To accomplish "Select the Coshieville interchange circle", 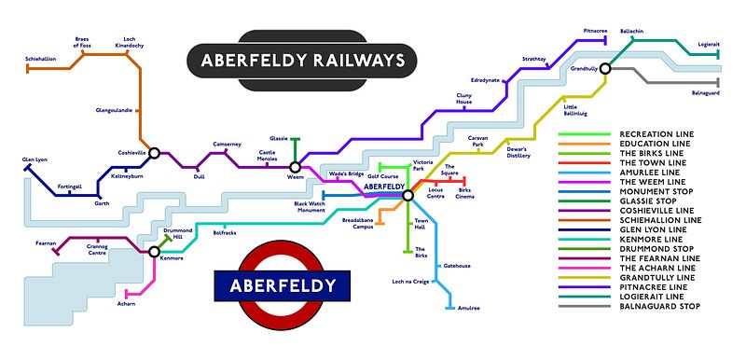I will pos(154,152).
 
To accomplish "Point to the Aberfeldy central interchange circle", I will pos(408,195).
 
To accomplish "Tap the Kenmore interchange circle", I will pos(154,250).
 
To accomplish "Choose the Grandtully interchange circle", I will pos(605,68).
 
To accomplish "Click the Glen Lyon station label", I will pos(35,159).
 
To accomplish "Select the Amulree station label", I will pos(469,307).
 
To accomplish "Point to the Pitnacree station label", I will pos(596,31).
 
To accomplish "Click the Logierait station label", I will pos(704,43).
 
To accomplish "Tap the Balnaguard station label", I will pos(706,92).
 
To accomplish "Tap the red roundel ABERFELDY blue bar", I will pos(283,284).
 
